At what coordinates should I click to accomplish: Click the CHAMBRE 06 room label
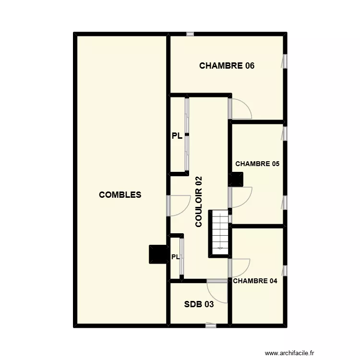(x=227, y=66)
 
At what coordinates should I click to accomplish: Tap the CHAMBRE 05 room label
(x=257, y=164)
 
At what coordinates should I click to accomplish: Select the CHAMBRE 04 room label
(x=255, y=281)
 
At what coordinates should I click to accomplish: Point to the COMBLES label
(x=120, y=194)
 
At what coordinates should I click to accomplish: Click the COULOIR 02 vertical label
(x=199, y=202)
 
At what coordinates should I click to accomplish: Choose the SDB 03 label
(x=199, y=304)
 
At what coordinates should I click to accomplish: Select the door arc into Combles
(x=179, y=205)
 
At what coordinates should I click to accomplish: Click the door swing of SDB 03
(x=216, y=290)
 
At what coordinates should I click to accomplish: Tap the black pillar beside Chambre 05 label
(x=237, y=179)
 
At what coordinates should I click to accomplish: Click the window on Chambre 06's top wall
(x=190, y=34)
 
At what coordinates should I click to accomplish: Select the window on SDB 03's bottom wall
(x=210, y=325)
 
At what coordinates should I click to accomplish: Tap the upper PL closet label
(x=177, y=136)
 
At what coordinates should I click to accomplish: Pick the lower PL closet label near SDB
(x=175, y=257)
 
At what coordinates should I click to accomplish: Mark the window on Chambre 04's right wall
(x=284, y=270)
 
